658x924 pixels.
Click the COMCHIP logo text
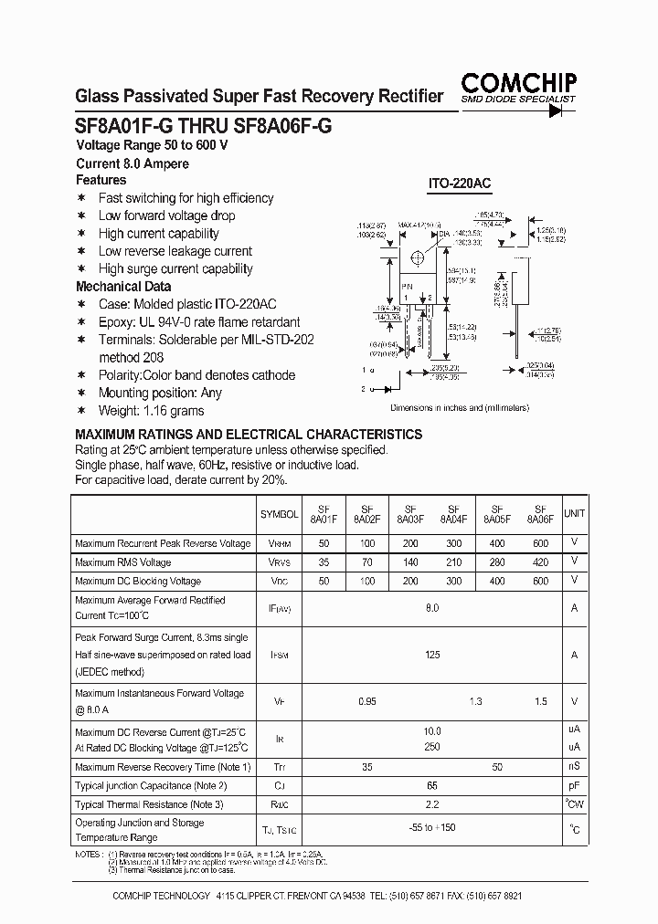[517, 82]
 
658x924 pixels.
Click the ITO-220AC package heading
[460, 184]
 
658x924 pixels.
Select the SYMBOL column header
[279, 515]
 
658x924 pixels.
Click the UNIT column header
[574, 514]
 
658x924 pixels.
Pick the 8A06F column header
[540, 514]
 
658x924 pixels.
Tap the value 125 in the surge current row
[432, 655]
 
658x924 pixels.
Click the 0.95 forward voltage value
[367, 702]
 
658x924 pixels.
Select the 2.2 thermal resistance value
[432, 804]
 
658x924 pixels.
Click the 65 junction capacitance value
[432, 785]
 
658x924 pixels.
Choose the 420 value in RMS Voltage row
[540, 562]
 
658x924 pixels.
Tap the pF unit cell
[574, 785]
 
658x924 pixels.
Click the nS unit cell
[574, 767]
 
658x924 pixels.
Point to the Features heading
[101, 180]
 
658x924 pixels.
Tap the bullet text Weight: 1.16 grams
[151, 411]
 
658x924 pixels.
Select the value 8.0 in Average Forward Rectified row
[432, 607]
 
